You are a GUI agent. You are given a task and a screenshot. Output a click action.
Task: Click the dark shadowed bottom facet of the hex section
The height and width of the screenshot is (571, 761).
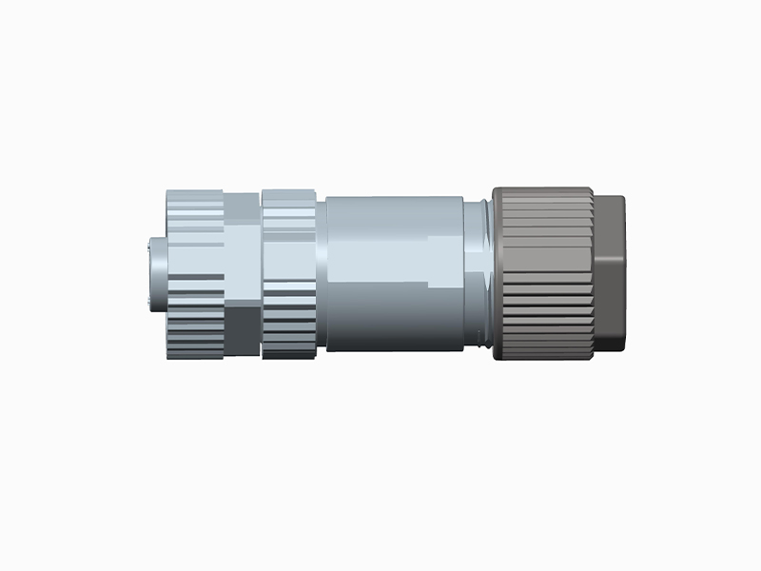tap(242, 329)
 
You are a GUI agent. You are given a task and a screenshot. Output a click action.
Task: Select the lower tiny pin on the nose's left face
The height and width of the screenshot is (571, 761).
tap(148, 302)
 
